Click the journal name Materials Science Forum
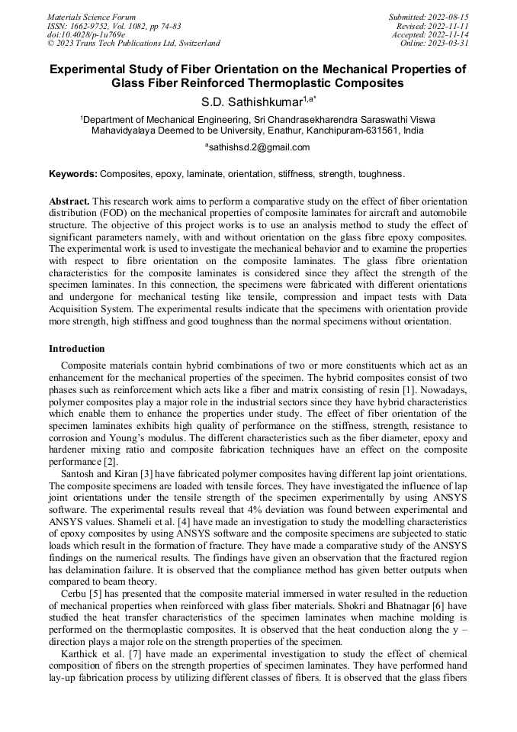92,17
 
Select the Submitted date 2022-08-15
450,17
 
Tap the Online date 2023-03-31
450,44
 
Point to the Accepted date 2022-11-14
450,34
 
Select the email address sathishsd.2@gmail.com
259,147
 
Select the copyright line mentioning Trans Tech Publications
133,44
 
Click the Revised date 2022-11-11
450,25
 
